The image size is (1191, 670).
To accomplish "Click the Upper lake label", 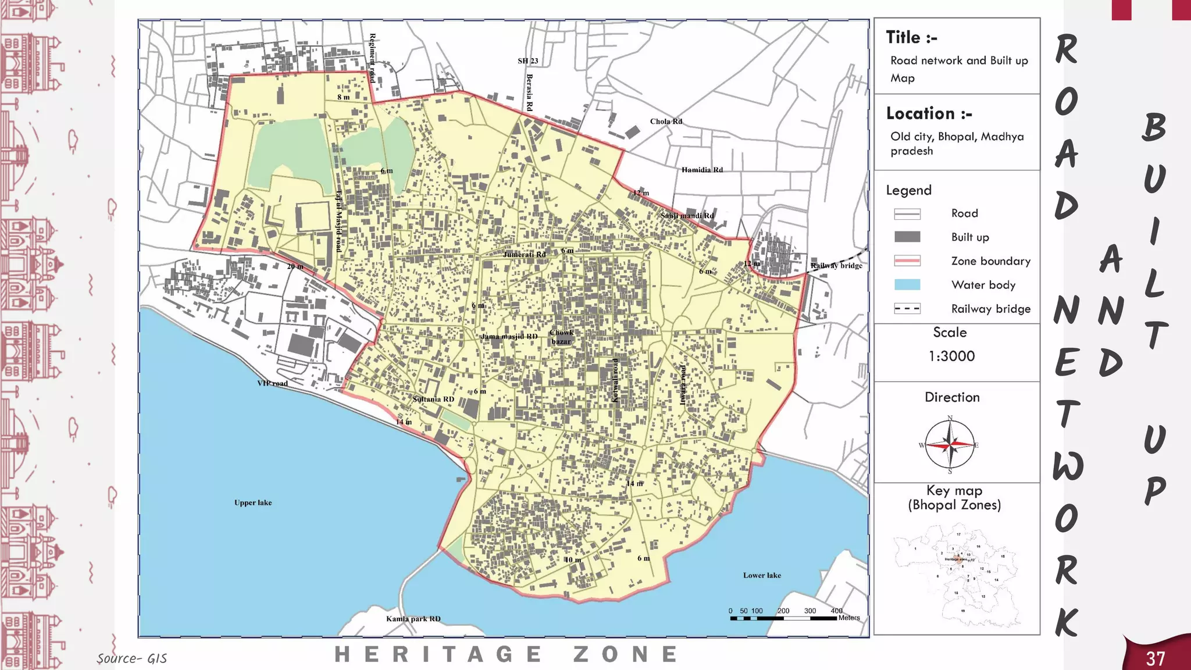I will coord(253,502).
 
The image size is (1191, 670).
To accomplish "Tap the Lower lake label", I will coord(762,575).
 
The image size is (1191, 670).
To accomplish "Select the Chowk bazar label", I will coord(561,337).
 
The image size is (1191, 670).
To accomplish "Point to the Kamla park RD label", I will coord(413,619).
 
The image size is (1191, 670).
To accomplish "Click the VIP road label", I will coord(272,383).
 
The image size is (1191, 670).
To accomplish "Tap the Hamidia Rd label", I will coord(702,170).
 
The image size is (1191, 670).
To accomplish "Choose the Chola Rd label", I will coord(666,122).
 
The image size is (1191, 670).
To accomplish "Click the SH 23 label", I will coord(527,61).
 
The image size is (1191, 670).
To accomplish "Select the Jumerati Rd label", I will coord(524,254).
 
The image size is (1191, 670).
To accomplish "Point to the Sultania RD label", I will coord(433,399).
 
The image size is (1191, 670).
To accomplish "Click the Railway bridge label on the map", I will coord(836,266).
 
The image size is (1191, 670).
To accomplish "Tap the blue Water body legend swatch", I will coord(907,284).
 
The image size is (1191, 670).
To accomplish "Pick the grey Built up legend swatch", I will coord(907,237).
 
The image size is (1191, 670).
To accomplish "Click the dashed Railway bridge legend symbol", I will coord(907,308).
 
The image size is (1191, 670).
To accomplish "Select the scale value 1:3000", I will coord(951,356).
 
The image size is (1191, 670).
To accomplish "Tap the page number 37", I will coord(1155,658).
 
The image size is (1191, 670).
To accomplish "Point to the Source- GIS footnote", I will coord(132,658).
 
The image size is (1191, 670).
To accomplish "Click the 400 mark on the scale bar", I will coord(836,611).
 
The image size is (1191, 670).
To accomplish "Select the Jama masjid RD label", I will coord(509,336).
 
